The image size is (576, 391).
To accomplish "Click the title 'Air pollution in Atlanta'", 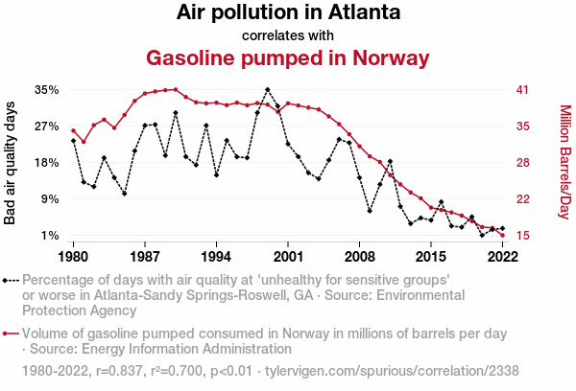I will coord(288,13).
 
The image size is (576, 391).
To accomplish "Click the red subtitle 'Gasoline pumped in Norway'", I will coord(288,57).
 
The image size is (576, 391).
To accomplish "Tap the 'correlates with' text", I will coord(288,35).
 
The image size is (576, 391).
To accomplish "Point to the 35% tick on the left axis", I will coord(47,90).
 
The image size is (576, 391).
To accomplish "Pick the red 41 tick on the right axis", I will coord(522,90).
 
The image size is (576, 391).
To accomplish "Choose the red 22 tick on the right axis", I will coord(522,199).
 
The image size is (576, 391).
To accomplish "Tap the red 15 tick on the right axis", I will coord(522,236).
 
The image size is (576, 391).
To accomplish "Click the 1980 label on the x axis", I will coord(73,256).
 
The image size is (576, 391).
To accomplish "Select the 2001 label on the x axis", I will coord(288,256).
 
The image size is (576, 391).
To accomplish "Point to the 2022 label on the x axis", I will coord(502,256).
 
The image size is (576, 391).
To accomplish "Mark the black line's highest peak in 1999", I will coord(268,90).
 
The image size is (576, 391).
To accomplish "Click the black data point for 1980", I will coord(73,141).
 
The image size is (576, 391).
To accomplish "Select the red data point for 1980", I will coord(73,130).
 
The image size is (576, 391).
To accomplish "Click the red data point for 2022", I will coord(502,236).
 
